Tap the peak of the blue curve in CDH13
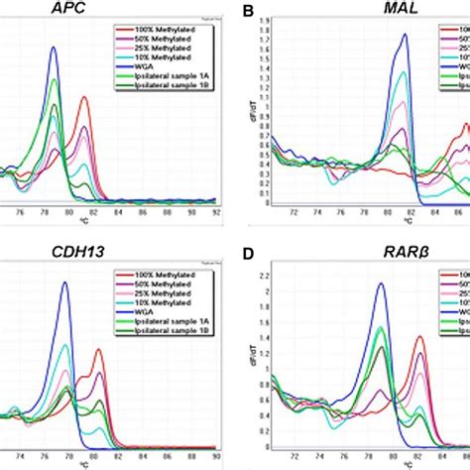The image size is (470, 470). (x=65, y=282)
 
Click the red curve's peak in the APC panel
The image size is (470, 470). (x=84, y=96)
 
